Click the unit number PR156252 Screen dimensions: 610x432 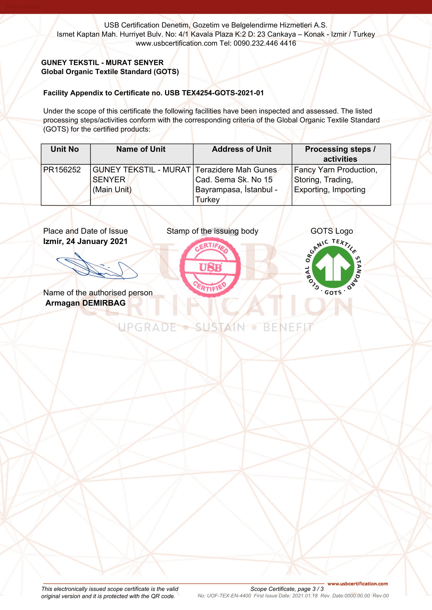[x=62, y=170]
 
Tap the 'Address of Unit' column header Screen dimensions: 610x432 [x=242, y=149]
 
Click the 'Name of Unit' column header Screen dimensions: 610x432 [x=141, y=149]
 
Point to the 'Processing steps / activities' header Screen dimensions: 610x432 [x=340, y=154]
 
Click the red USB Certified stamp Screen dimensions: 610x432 [x=210, y=267]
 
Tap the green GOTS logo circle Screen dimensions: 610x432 [x=333, y=267]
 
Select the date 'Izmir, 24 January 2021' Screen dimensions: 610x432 [x=85, y=241]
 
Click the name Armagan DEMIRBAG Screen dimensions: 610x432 [x=85, y=303]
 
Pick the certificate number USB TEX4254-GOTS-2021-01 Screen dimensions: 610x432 [x=214, y=93]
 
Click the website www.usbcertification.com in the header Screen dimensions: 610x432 [x=176, y=43]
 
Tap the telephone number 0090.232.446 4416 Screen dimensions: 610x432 [x=265, y=43]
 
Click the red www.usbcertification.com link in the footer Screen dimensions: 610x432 [x=358, y=584]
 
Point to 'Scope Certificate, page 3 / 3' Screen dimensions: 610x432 [x=287, y=589]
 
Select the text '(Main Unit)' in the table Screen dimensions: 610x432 [x=112, y=190]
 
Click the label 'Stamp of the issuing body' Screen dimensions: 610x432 [x=212, y=231]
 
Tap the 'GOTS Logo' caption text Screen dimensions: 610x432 [x=332, y=231]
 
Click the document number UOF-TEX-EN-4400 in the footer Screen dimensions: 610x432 [x=229, y=596]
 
